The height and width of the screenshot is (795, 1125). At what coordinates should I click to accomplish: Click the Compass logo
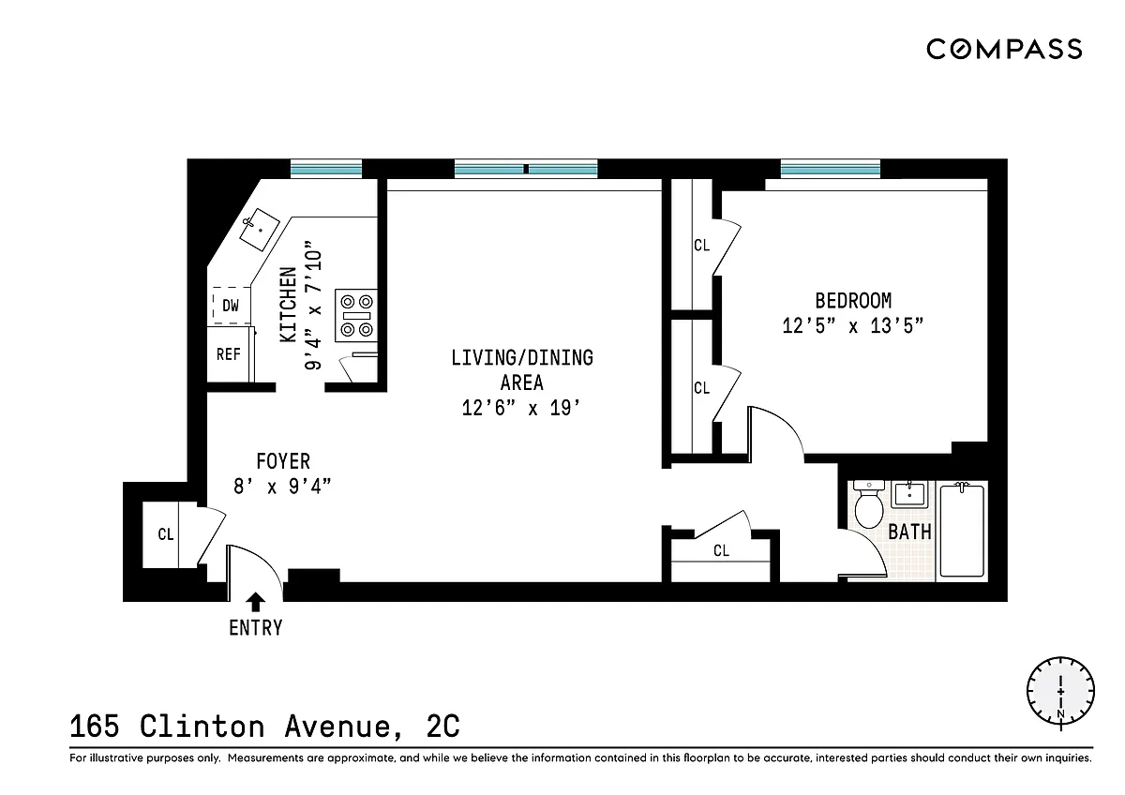pyautogui.click(x=1004, y=49)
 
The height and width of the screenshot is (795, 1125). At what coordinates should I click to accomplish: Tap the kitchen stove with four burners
pyautogui.click(x=356, y=315)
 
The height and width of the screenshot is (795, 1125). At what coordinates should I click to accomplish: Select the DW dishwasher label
pyautogui.click(x=231, y=306)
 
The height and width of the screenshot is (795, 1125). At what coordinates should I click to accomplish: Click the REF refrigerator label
pyautogui.click(x=229, y=354)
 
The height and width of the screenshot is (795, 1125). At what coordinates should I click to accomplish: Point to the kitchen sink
pyautogui.click(x=259, y=230)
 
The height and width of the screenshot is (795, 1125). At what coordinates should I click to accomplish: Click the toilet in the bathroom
pyautogui.click(x=869, y=504)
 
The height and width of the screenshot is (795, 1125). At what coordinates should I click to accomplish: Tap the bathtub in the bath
pyautogui.click(x=962, y=530)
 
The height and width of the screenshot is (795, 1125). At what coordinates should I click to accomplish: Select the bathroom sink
pyautogui.click(x=909, y=495)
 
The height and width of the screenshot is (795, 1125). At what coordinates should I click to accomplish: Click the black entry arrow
pyautogui.click(x=256, y=602)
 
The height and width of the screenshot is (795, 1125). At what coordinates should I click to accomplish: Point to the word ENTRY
pyautogui.click(x=256, y=628)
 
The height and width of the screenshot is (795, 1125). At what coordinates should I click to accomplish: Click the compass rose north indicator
pyautogui.click(x=1060, y=694)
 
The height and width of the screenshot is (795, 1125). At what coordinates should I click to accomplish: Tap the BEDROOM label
pyautogui.click(x=853, y=301)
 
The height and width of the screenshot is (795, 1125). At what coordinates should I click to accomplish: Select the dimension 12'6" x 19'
pyautogui.click(x=521, y=408)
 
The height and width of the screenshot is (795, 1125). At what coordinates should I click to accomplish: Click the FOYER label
pyautogui.click(x=283, y=461)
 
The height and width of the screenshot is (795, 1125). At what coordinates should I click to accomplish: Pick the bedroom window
pyautogui.click(x=831, y=168)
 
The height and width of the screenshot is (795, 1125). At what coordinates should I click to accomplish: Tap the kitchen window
pyautogui.click(x=326, y=168)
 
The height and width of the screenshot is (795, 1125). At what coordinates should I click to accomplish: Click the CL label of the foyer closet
pyautogui.click(x=166, y=533)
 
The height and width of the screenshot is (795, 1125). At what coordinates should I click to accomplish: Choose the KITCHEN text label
pyautogui.click(x=289, y=305)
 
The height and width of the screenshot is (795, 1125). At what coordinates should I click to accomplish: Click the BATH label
pyautogui.click(x=909, y=532)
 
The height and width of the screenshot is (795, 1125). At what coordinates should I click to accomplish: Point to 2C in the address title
pyautogui.click(x=442, y=727)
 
